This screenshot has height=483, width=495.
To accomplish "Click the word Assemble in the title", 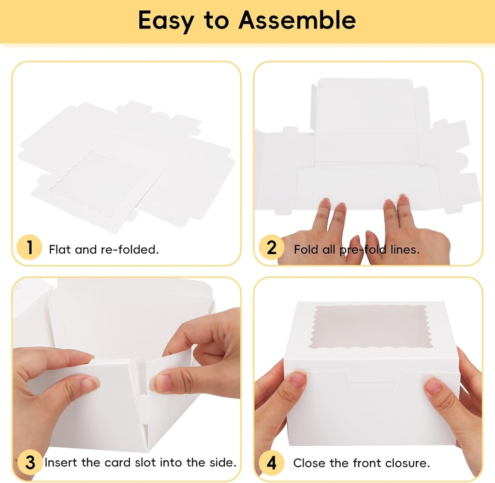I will click(297, 20).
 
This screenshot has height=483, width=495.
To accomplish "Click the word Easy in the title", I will click(165, 21).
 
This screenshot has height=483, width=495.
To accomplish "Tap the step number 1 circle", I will click(30, 248).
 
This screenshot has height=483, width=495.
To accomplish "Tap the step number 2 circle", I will click(272, 248).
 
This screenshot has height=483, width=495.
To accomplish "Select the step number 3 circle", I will click(30, 462).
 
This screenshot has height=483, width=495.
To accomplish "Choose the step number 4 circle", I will click(272, 463).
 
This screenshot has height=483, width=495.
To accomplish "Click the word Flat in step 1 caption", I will click(59, 249).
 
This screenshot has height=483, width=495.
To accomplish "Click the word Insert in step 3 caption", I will click(61, 463).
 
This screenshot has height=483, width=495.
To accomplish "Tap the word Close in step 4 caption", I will click(309, 463).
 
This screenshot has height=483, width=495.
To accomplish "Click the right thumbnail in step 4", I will click(433, 385).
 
